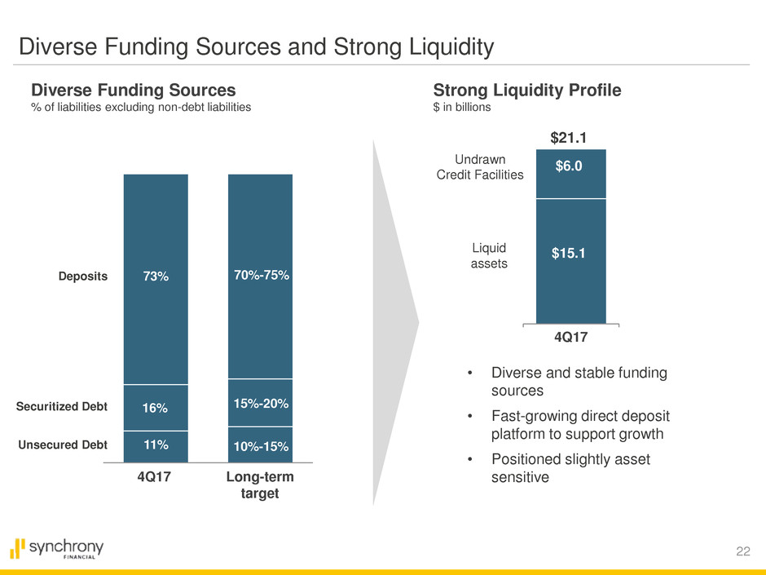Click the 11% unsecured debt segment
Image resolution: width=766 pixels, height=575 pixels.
[x=156, y=445]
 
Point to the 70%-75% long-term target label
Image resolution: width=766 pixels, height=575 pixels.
[x=260, y=276]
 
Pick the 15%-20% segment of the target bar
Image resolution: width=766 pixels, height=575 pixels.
[x=260, y=403]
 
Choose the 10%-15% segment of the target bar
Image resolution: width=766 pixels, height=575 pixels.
[x=260, y=446]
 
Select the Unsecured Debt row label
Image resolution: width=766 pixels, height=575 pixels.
[x=64, y=445]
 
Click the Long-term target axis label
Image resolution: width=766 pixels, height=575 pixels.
[x=260, y=486]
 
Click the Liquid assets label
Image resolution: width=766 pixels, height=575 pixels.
[x=490, y=254]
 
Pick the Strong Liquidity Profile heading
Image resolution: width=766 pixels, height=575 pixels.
[x=527, y=91]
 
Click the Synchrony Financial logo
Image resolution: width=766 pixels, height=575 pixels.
[x=57, y=549]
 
